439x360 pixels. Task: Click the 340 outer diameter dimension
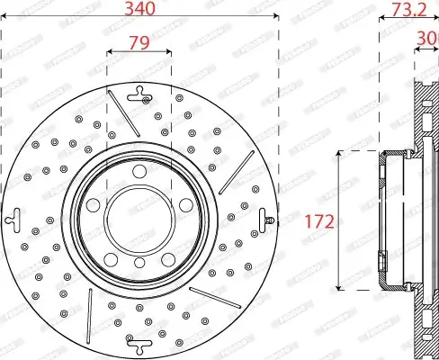139,12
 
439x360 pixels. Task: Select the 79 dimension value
139,41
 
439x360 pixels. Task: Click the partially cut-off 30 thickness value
429,38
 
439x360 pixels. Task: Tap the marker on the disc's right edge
267,218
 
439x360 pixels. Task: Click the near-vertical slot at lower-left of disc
90,314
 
